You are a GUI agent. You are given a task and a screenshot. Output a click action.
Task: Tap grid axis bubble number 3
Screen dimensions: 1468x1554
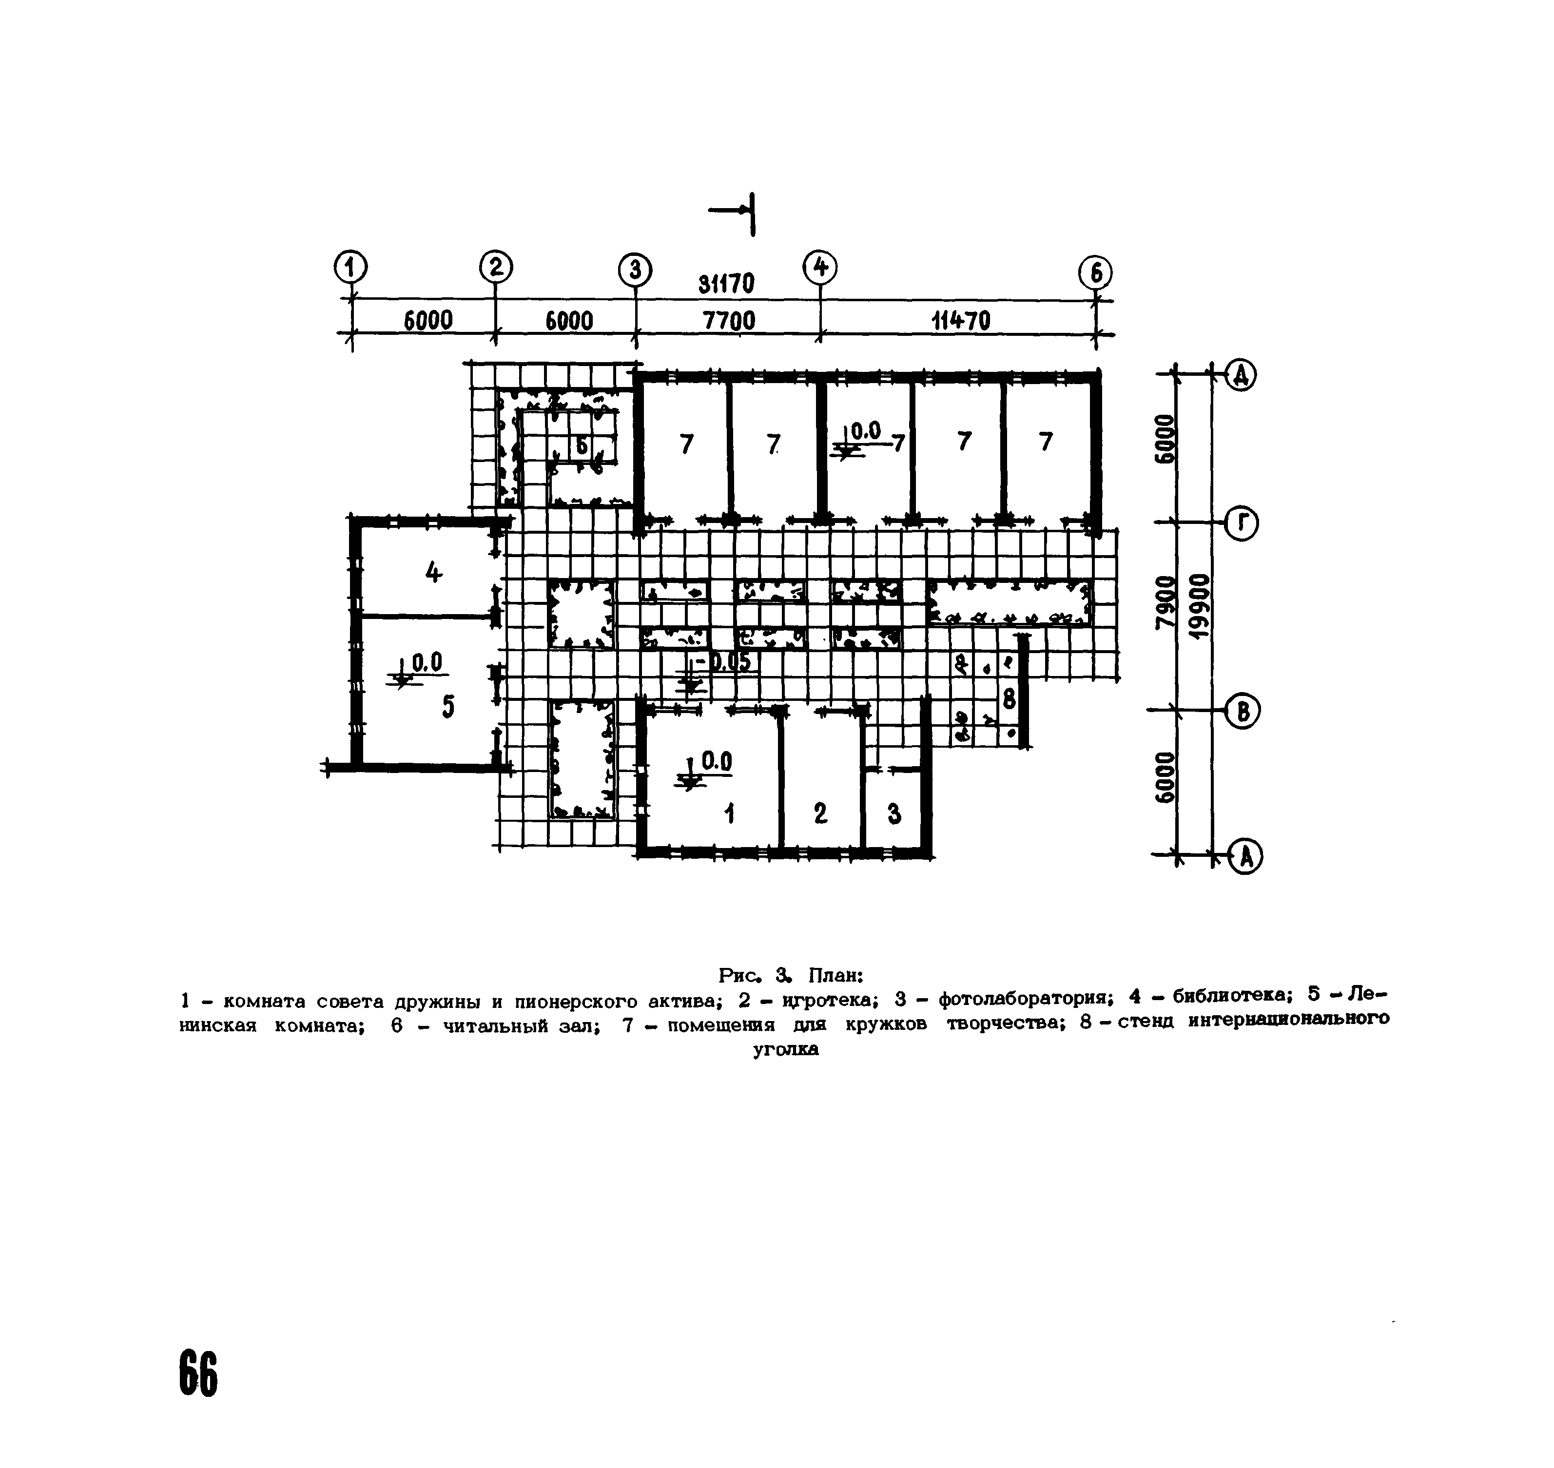[x=635, y=271]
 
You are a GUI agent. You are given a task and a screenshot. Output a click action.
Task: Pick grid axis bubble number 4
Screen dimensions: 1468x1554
[x=820, y=268]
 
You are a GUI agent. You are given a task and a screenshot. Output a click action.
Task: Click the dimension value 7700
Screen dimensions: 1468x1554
[x=728, y=321]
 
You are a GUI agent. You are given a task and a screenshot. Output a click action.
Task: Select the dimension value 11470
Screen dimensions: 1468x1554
[x=961, y=320]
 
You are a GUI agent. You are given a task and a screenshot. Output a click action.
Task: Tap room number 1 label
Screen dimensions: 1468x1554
[x=729, y=814]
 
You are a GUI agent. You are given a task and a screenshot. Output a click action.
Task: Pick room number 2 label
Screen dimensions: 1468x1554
[x=820, y=814]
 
